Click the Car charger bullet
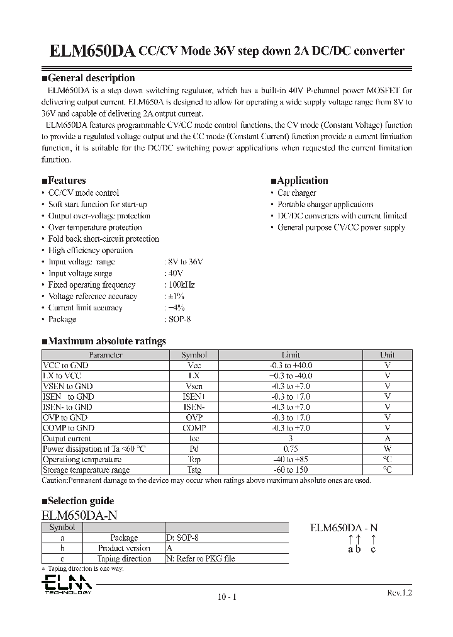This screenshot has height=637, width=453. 297,193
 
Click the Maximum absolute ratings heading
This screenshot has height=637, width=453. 104,341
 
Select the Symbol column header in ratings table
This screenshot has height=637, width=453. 194,355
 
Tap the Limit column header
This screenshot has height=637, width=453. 291,355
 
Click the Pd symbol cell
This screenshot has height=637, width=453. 194,449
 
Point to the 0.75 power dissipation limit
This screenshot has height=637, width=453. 291,449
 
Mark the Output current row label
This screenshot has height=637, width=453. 67,439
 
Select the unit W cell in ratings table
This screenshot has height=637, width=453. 388,449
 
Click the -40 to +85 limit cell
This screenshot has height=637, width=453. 291,459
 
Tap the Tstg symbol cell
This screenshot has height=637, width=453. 194,470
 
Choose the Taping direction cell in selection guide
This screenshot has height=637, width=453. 124,558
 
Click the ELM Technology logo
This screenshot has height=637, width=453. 67,583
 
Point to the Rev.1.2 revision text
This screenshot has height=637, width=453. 399,592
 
